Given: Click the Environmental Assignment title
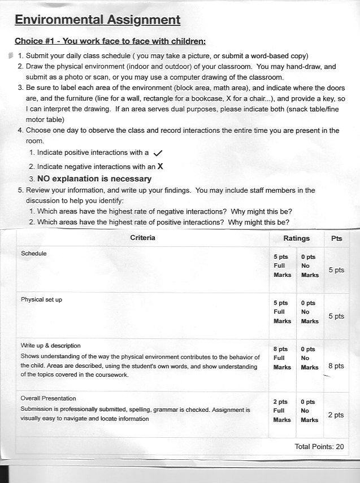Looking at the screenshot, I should click(97, 20).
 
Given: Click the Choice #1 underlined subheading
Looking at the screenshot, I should click(110, 41).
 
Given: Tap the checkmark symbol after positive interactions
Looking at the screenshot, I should click(158, 153).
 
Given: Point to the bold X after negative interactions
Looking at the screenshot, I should click(160, 167).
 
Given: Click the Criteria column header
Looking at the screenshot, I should click(142, 238).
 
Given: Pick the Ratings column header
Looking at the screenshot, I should click(296, 238).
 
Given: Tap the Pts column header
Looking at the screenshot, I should click(337, 238).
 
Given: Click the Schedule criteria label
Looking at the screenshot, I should click(33, 254).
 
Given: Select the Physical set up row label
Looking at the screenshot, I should click(41, 299).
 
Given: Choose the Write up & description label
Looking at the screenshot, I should click(50, 345).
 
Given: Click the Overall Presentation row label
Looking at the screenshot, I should click(48, 398).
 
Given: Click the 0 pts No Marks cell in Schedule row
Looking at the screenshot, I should click(309, 266).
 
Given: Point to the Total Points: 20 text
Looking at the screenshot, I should click(319, 446).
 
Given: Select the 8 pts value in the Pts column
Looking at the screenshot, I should click(336, 365).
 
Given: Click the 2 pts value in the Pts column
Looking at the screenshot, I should click(336, 415).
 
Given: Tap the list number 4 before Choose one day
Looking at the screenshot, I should click(20, 130).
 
